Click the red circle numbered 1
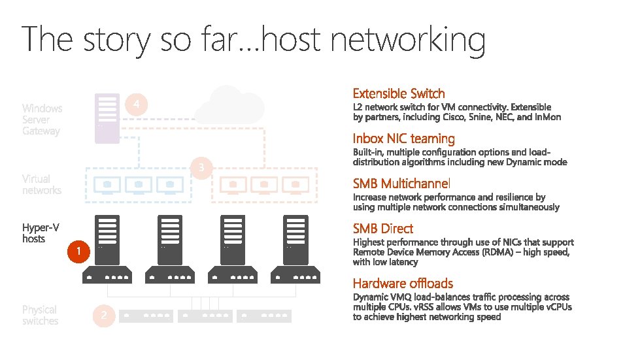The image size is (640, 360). coord(78,252)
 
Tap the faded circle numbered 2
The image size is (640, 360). coord(103,316)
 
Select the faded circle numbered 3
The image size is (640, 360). coord(201,168)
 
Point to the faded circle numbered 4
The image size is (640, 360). coord(135,105)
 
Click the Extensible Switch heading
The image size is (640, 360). coord(398,93)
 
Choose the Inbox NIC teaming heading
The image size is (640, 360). coord(403,139)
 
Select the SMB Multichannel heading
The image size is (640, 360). coord(401,183)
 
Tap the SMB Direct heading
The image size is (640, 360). coord(382,229)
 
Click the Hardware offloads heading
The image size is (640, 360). coord(403,283)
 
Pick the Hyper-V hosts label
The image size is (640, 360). coord(41,233)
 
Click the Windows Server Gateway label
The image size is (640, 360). coord(42,120)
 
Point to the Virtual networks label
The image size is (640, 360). coord(41,184)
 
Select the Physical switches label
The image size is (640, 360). coord(40,315)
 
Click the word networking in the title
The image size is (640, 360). coord(408,40)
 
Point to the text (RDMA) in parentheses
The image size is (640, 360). coord(499,252)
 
